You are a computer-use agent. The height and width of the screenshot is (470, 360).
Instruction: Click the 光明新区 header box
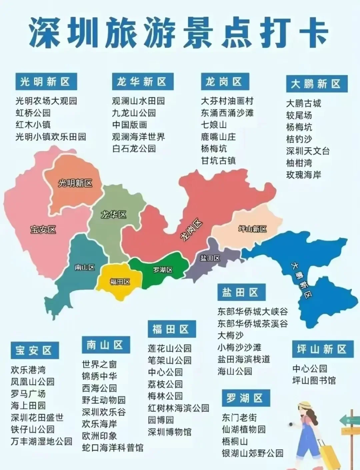(x=46, y=82)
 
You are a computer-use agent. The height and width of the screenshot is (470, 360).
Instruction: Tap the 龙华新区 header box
(x=143, y=82)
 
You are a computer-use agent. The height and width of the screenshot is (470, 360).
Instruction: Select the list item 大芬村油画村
(x=227, y=101)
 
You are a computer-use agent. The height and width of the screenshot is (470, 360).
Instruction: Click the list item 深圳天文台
(x=308, y=151)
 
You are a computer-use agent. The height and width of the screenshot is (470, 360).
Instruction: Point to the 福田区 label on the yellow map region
(x=120, y=282)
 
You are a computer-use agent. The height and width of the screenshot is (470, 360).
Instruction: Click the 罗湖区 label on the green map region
(x=163, y=270)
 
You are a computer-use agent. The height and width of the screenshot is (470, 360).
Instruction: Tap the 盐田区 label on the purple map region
(x=210, y=258)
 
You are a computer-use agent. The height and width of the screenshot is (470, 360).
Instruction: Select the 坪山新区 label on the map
(x=253, y=229)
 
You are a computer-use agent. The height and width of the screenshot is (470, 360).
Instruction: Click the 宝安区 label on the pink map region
(x=43, y=229)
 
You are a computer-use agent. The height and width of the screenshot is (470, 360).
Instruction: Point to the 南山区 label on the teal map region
(x=85, y=267)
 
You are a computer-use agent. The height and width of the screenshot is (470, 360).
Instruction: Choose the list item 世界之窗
(x=99, y=364)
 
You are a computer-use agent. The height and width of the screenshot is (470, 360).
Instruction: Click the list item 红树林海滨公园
(x=178, y=408)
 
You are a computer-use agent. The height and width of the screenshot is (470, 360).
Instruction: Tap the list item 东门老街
(x=239, y=417)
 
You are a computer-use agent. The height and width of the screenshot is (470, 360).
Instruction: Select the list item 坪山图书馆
(x=314, y=381)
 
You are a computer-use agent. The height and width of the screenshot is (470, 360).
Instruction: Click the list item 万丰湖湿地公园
(x=41, y=441)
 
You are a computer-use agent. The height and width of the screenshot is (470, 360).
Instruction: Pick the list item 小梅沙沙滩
(x=239, y=347)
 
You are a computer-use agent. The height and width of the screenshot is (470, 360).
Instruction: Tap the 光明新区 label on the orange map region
(x=75, y=183)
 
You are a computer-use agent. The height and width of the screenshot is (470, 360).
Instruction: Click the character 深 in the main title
(x=45, y=32)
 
